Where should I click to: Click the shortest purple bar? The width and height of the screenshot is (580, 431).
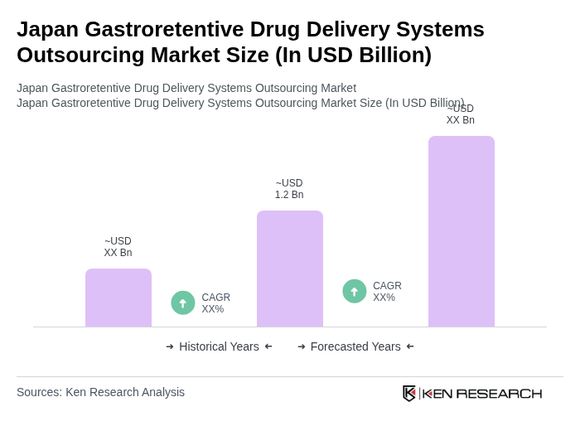pos(118,298)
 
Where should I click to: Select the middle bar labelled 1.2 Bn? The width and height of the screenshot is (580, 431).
pos(290,269)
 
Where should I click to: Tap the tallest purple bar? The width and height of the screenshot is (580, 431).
pos(462,231)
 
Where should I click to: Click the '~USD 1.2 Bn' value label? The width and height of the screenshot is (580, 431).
pos(289,189)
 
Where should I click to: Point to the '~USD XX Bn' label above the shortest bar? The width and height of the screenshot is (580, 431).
pos(118,247)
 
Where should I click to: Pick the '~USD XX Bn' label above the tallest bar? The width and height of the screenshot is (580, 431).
pos(461,114)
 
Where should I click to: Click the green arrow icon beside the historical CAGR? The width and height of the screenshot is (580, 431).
pos(183,303)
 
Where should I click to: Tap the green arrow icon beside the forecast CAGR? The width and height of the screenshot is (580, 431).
pos(355,291)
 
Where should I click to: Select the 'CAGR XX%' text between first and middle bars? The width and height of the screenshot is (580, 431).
pos(215,303)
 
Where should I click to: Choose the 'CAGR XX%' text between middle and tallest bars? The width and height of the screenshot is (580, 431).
pos(387,292)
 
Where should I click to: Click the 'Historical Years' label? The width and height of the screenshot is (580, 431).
pos(219,346)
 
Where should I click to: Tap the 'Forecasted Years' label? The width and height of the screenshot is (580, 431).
pos(355,346)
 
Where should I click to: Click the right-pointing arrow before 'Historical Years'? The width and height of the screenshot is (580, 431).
pos(170,346)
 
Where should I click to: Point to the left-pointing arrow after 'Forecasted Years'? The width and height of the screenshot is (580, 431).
pos(410,346)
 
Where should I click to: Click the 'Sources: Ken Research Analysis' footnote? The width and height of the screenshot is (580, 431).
pos(100,392)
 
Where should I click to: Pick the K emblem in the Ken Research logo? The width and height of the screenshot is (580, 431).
pos(409,393)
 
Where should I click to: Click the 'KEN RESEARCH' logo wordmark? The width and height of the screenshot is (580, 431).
pos(482,393)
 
